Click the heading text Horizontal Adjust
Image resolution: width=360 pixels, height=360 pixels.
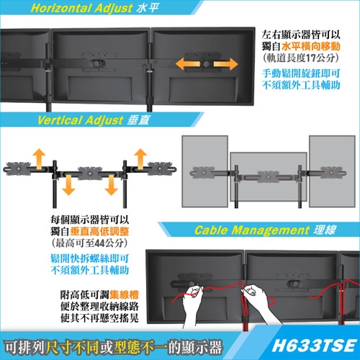pos(73,9)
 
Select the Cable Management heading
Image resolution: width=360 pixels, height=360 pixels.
pos(253,231)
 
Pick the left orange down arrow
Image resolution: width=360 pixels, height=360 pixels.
pos(67,185)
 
